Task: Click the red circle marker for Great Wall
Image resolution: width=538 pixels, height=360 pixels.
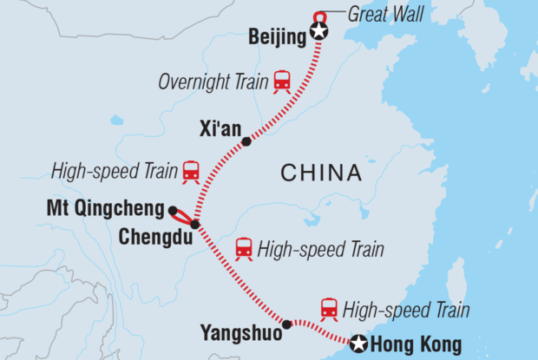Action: click(x=319, y=16)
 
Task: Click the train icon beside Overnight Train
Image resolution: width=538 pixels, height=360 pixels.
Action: click(x=282, y=81)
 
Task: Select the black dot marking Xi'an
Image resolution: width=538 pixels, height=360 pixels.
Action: click(x=246, y=141)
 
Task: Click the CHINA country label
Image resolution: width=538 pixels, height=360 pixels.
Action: click(x=321, y=173)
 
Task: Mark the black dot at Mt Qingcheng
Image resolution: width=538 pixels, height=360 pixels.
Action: click(x=173, y=210)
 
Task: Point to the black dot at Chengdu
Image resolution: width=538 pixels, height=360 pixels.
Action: click(x=195, y=225)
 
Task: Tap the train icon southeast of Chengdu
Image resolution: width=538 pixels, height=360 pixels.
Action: click(x=244, y=249)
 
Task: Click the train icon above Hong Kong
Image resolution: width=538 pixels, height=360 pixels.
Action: click(x=329, y=308)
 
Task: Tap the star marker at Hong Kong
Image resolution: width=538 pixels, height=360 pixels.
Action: click(x=358, y=344)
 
